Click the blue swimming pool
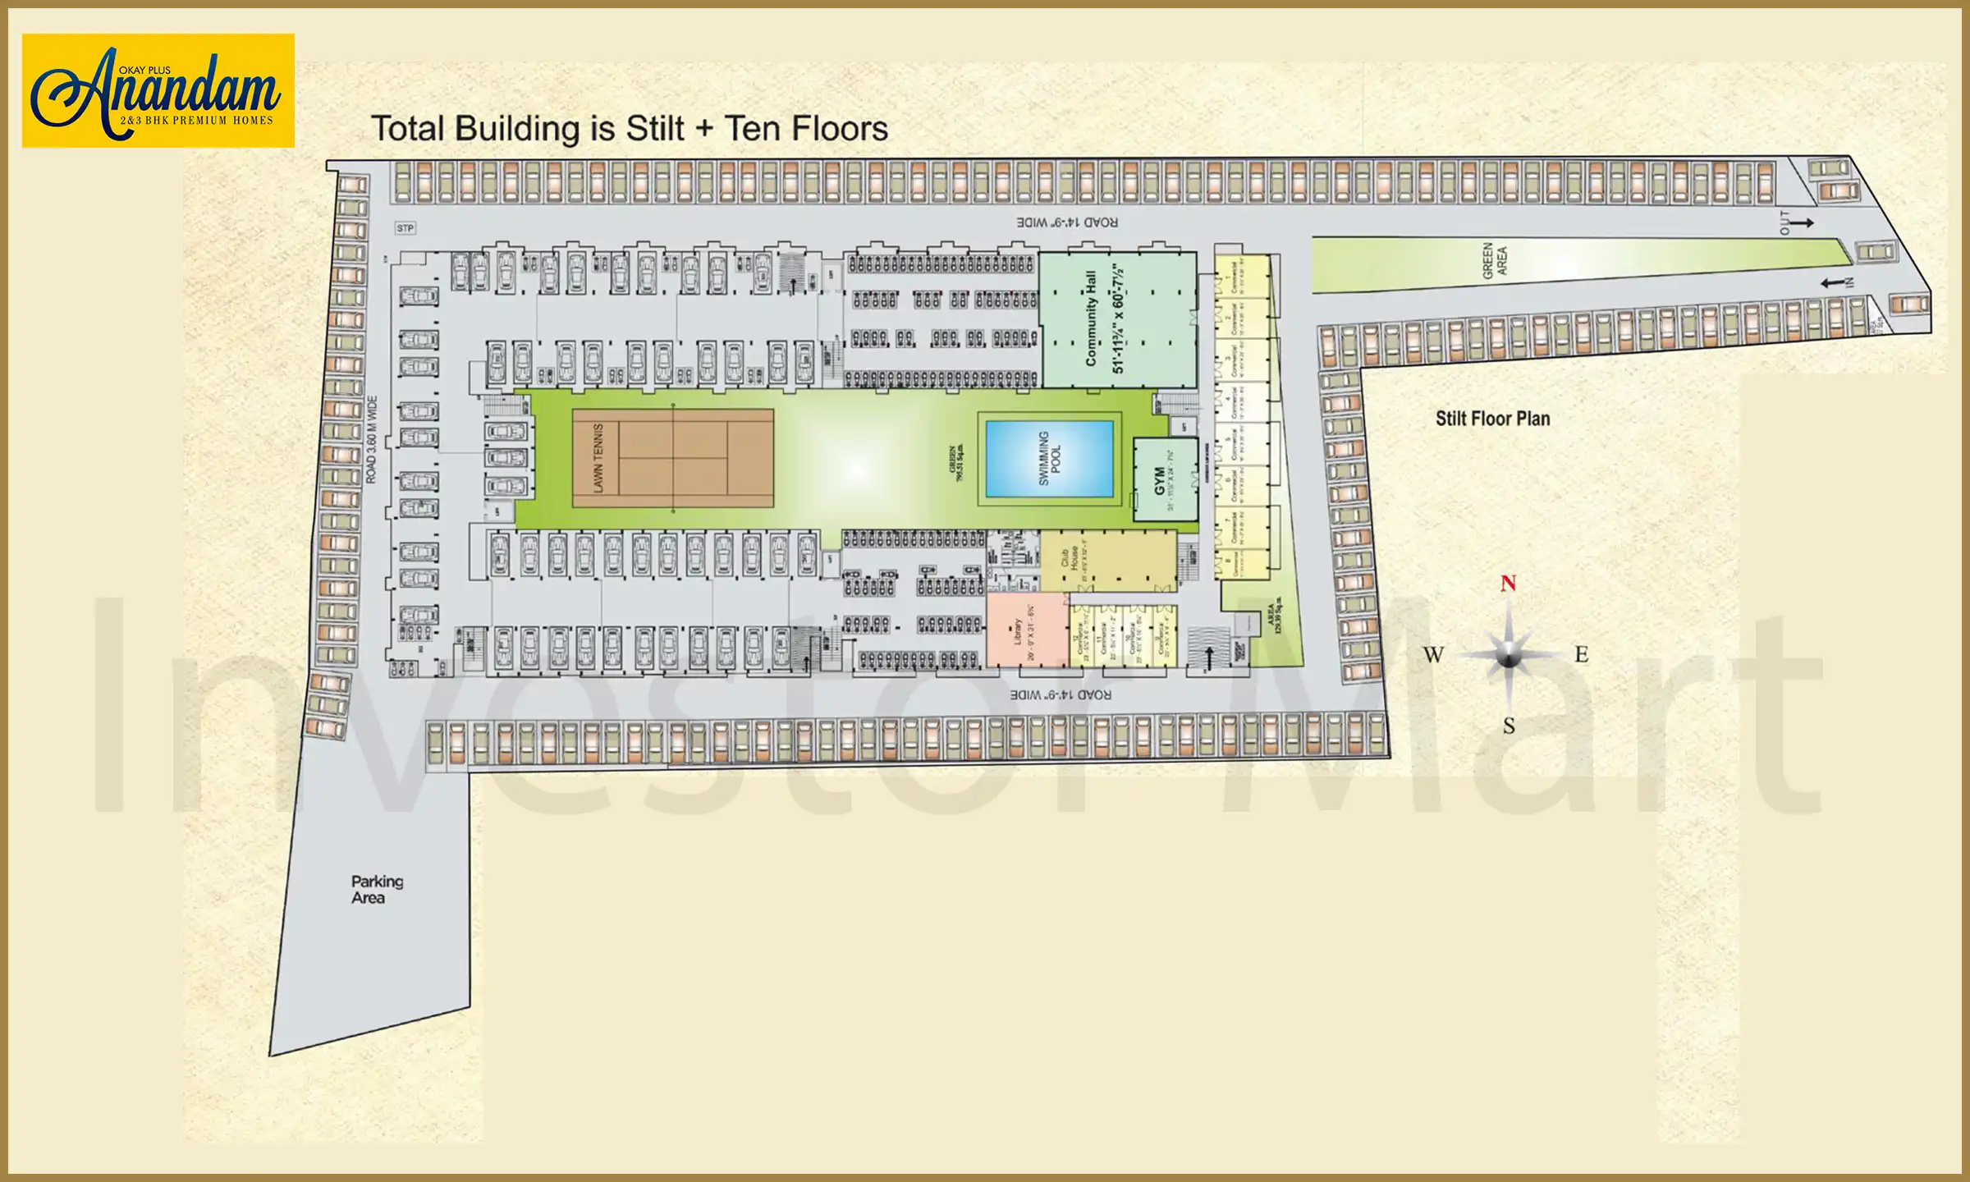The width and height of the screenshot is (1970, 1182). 1049,459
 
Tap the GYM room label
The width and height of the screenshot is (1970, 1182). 1159,480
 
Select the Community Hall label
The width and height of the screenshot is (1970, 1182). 1091,318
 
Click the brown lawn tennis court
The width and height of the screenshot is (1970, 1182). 673,458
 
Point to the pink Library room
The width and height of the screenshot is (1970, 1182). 1027,630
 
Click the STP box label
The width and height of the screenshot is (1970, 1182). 405,228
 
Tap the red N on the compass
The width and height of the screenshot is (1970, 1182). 1508,584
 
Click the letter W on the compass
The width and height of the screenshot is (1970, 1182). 1433,655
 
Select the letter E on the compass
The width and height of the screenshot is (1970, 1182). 1581,655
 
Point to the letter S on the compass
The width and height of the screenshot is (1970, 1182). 1509,726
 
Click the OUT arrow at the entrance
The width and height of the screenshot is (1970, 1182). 1801,222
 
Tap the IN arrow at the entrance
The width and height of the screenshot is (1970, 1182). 1834,283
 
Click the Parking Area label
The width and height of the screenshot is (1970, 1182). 377,889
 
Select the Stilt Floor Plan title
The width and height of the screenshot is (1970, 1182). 1492,419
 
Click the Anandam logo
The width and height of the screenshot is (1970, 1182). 158,90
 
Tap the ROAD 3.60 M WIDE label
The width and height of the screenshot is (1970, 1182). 371,439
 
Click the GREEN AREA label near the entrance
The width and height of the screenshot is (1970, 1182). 1495,261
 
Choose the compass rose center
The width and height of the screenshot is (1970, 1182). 1508,655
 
